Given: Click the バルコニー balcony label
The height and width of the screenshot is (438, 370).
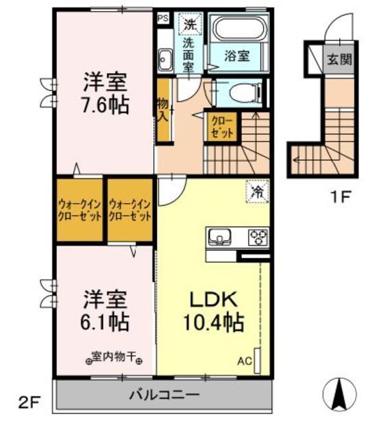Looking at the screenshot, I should click(164, 395).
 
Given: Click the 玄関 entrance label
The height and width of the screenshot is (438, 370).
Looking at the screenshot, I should click(338, 60).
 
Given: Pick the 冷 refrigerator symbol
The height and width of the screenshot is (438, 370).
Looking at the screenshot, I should click(256, 193).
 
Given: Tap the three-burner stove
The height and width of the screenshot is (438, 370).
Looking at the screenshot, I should click(258, 237).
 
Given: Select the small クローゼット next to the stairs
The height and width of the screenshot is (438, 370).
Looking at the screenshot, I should click(223, 126).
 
